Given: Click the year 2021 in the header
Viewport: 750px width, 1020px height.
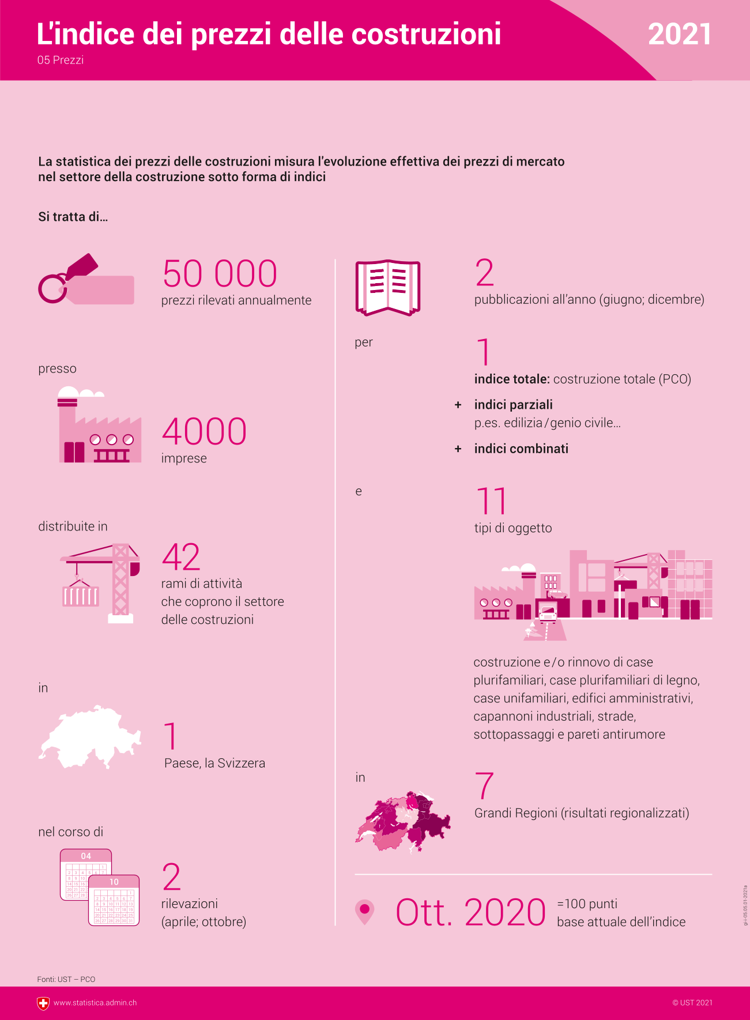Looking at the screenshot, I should click(679, 35).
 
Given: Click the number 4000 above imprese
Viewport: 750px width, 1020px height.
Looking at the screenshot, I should click(204, 431).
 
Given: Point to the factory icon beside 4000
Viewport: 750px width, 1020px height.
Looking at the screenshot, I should click(99, 427).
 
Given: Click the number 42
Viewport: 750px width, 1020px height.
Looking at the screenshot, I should click(181, 557).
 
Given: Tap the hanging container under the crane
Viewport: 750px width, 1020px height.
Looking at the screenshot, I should click(80, 595).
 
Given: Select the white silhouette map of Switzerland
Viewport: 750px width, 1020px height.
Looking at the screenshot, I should click(90, 737).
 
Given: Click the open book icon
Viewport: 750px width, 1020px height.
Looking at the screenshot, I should click(387, 288).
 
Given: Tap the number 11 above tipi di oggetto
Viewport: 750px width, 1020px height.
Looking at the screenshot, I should click(491, 501).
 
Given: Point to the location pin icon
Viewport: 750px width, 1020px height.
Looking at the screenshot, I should click(364, 911).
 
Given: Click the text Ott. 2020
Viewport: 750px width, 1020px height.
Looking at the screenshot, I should click(470, 912).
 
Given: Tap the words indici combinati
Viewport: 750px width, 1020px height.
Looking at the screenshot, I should click(521, 449).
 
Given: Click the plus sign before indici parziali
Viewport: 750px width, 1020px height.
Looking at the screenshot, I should click(458, 405).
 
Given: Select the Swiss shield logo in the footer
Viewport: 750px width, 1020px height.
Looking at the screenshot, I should click(43, 1003).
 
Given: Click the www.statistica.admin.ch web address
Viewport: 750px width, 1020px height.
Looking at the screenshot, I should click(95, 1003).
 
